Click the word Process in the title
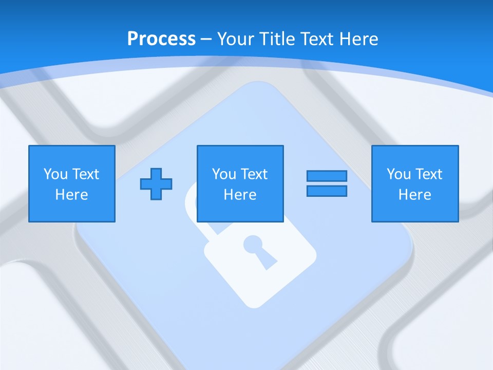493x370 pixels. (161, 39)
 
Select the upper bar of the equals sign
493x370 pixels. (327, 176)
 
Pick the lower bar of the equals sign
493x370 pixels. (327, 191)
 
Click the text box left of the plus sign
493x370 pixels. (72, 183)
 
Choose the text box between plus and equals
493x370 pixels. (240, 183)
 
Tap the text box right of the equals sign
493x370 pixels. (415, 183)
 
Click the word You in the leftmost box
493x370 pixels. (55, 174)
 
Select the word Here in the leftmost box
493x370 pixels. (72, 195)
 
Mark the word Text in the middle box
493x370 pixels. (254, 174)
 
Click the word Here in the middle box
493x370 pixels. (240, 195)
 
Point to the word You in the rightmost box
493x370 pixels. (399, 174)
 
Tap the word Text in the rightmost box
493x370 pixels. (429, 174)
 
